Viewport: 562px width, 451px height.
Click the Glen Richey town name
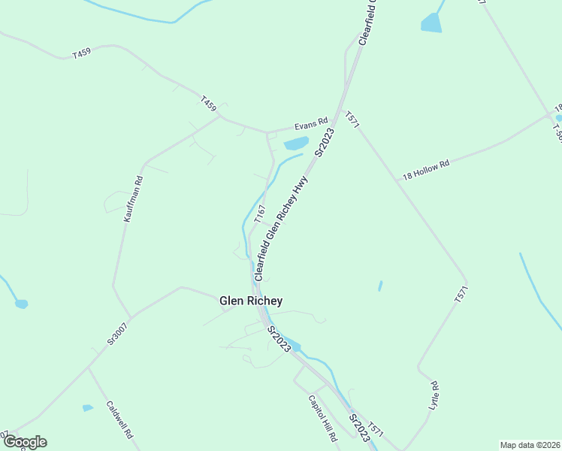point(251,301)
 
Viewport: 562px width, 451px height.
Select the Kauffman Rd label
point(133,198)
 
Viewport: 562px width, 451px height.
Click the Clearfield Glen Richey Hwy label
point(281,229)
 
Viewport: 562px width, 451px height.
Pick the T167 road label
point(260,213)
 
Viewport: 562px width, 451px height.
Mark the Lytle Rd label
point(434,396)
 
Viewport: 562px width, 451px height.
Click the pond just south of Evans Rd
point(295,143)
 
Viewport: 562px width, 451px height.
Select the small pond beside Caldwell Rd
point(88,407)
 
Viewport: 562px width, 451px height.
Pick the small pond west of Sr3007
point(21,304)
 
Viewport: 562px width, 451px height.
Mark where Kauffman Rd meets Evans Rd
point(219,117)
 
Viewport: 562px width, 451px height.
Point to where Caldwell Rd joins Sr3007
point(89,368)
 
